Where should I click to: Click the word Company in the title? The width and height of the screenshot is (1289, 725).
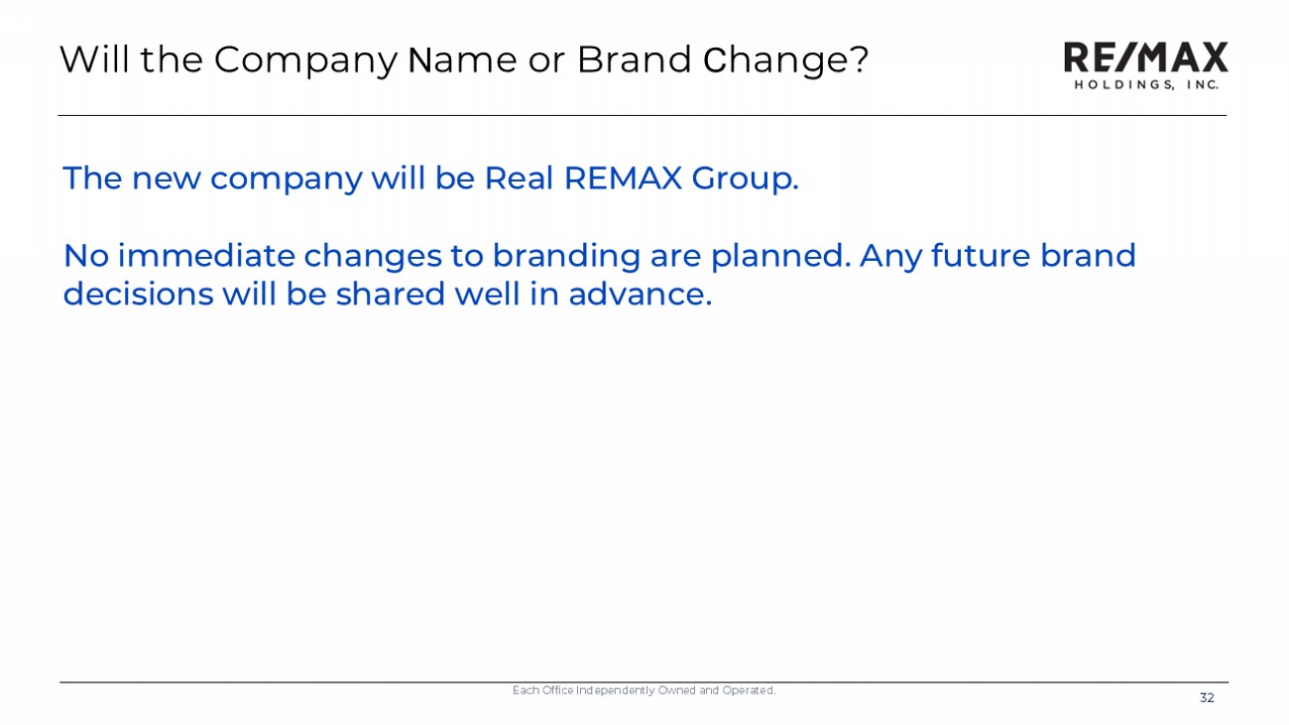point(305,60)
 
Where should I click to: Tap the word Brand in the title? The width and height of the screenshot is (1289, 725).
point(634,60)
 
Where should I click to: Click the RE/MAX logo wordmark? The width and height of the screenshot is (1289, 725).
point(1145,57)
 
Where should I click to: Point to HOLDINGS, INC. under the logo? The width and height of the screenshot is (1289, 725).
point(1146,84)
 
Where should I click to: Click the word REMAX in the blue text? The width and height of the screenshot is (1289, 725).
point(624,178)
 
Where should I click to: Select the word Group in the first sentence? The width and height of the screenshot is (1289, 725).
point(746,179)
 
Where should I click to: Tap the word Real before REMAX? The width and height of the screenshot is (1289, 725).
point(519,178)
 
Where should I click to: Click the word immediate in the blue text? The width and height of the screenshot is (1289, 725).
point(206,256)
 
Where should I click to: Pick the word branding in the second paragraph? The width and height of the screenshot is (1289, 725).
point(566,257)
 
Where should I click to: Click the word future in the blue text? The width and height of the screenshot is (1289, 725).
point(981,256)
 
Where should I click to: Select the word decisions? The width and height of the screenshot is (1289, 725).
point(138,294)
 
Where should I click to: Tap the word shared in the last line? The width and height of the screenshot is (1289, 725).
point(391,294)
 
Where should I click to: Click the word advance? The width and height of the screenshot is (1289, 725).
point(640,294)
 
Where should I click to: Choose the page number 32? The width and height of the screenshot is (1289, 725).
point(1207,698)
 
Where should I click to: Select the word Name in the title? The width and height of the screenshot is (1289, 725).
point(462,60)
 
